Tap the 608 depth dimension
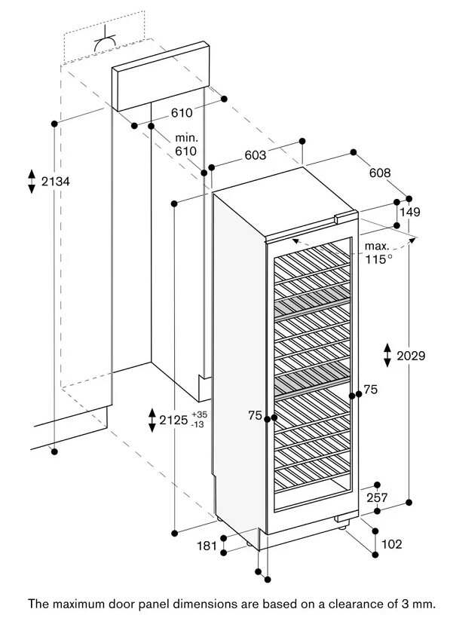click(380, 173)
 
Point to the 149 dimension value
click(409, 213)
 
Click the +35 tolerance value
click(199, 415)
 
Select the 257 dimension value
click(377, 497)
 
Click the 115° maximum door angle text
click(380, 259)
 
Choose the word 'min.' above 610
click(185, 138)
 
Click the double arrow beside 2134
click(32, 182)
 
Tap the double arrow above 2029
click(387, 354)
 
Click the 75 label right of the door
click(369, 390)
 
